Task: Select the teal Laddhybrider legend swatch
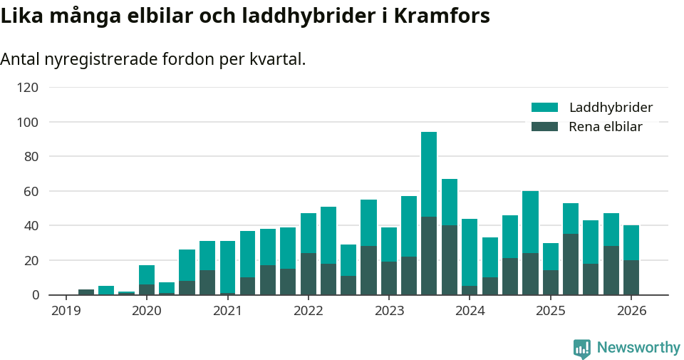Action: (544, 108)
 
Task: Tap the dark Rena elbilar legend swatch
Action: (544, 127)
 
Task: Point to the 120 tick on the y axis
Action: (28, 88)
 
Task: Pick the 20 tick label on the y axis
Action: (32, 260)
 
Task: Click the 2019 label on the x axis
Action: (66, 311)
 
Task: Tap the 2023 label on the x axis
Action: (389, 311)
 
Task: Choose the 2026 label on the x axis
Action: (631, 311)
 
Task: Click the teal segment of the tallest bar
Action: (429, 175)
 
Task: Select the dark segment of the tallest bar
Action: (429, 256)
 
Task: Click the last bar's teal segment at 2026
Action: (631, 243)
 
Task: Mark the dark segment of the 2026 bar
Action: (631, 277)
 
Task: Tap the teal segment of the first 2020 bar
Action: (147, 274)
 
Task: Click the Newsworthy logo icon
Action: (581, 348)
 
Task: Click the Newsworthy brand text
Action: (638, 348)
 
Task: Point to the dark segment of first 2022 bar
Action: (309, 274)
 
